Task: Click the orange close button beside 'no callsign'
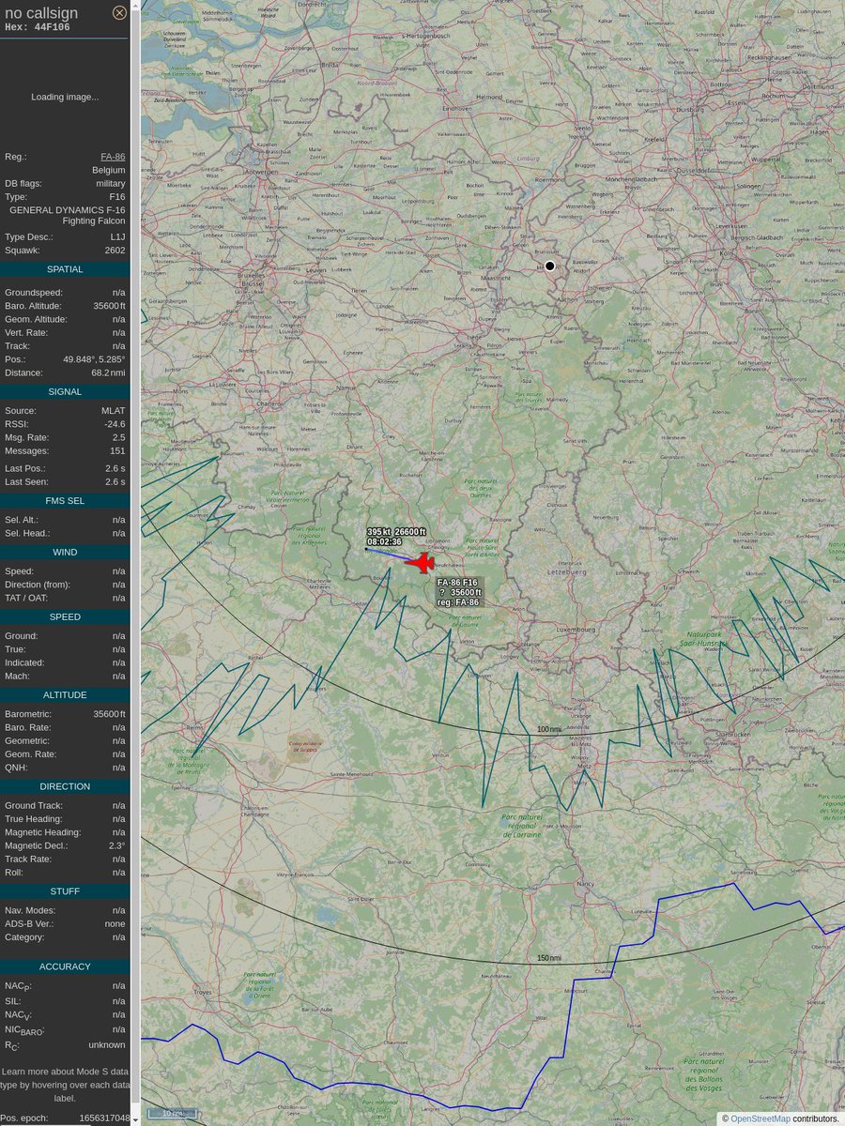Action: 119,12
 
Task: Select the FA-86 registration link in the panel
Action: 113,157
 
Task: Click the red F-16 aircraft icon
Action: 422,563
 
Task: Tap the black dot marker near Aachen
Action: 550,266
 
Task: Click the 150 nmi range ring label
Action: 549,958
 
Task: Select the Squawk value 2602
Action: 115,251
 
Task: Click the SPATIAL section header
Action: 65,269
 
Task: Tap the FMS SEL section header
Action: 65,501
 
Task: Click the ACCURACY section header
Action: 65,966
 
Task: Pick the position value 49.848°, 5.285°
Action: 94,359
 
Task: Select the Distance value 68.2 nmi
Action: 108,373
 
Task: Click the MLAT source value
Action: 113,411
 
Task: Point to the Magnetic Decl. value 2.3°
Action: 116,845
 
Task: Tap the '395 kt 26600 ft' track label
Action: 396,532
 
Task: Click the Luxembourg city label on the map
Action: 576,630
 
